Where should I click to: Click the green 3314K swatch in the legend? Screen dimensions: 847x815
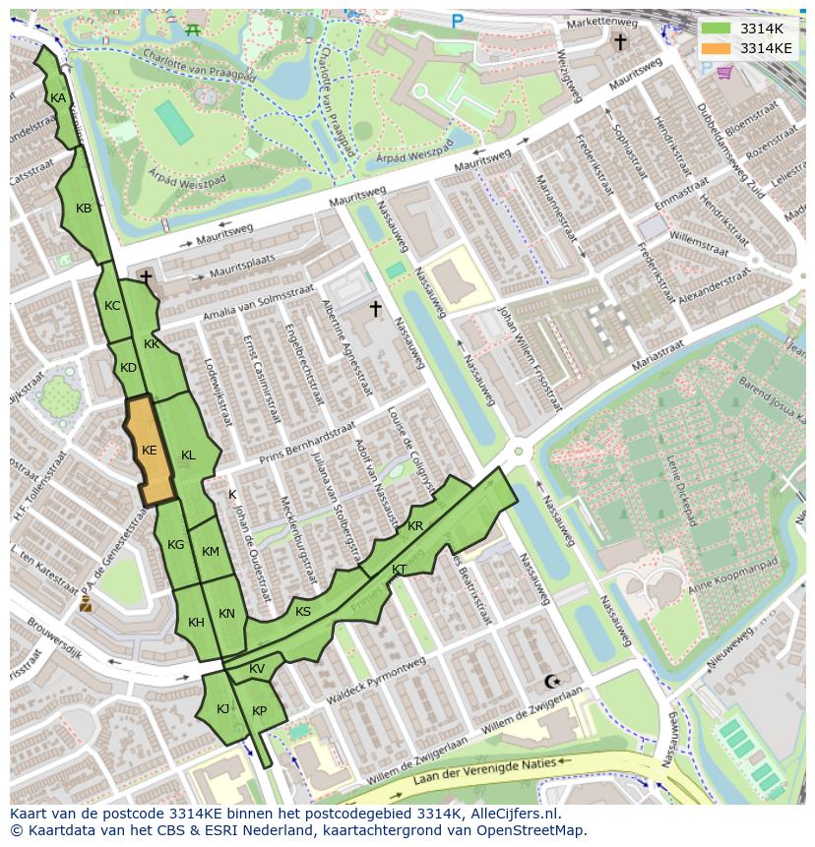coord(717,29)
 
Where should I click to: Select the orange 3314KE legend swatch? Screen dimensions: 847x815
coord(717,47)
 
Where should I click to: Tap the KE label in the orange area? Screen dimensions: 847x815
coord(150,451)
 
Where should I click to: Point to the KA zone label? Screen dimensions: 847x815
coord(58,98)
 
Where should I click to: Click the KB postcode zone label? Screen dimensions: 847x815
coord(84,209)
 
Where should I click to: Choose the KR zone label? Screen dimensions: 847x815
coord(415,527)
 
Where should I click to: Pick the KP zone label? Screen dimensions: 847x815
coord(259,711)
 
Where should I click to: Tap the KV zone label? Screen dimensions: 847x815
coord(257,669)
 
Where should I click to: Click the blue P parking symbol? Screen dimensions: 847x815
coord(457,21)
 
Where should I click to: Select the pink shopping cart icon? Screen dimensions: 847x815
coord(724,72)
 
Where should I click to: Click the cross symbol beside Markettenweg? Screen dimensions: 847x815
coord(620,41)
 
